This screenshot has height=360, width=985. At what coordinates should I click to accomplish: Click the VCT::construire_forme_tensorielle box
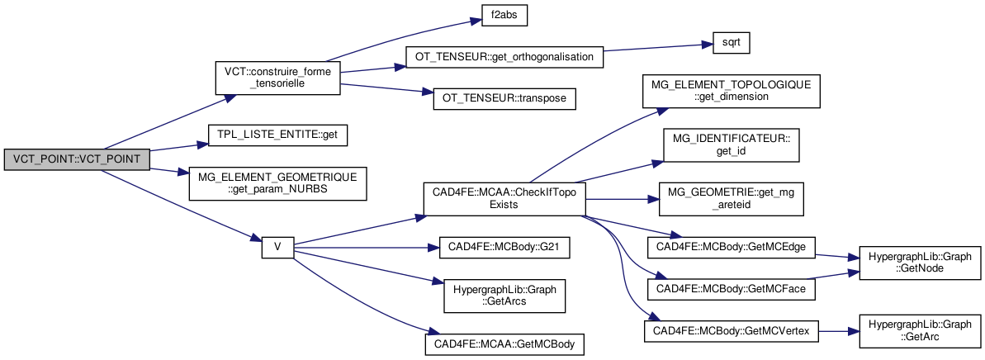click(277, 78)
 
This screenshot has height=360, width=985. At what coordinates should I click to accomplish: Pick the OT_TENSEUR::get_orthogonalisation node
click(504, 58)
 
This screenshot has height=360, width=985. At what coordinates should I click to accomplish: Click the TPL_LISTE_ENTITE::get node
click(277, 133)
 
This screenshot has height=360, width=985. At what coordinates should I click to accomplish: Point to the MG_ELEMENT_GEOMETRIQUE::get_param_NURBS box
click(277, 183)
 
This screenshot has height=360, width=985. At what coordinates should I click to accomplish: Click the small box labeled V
click(277, 247)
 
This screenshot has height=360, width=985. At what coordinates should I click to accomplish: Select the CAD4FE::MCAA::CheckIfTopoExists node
click(504, 198)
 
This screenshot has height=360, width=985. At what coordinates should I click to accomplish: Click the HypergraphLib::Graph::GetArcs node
click(504, 295)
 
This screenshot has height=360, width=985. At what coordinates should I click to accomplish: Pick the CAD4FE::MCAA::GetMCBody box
click(504, 343)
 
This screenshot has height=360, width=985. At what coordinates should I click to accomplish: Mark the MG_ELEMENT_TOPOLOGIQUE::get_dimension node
click(731, 90)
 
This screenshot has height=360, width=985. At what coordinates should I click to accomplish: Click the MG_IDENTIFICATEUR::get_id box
click(731, 145)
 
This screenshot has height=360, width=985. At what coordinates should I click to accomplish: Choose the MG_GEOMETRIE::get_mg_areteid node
click(731, 199)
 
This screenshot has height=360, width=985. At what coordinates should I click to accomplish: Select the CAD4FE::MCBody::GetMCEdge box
click(731, 247)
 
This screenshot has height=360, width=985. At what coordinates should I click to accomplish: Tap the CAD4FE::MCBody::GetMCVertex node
click(731, 329)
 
